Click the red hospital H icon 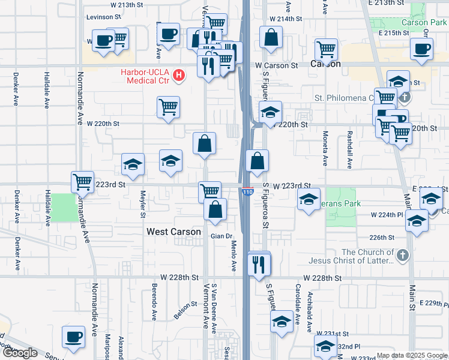pyautogui.click(x=178, y=76)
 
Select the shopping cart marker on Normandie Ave pyautogui.click(x=82, y=182)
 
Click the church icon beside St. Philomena pyautogui.click(x=405, y=97)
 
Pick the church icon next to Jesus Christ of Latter pyautogui.click(x=403, y=256)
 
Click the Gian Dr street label pyautogui.click(x=221, y=236)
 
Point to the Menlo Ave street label pyautogui.click(x=233, y=254)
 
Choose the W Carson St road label pyautogui.click(x=277, y=65)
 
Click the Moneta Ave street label pyautogui.click(x=325, y=148)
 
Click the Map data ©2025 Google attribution pyautogui.click(x=411, y=355)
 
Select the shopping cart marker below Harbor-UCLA pyautogui.click(x=169, y=107)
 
